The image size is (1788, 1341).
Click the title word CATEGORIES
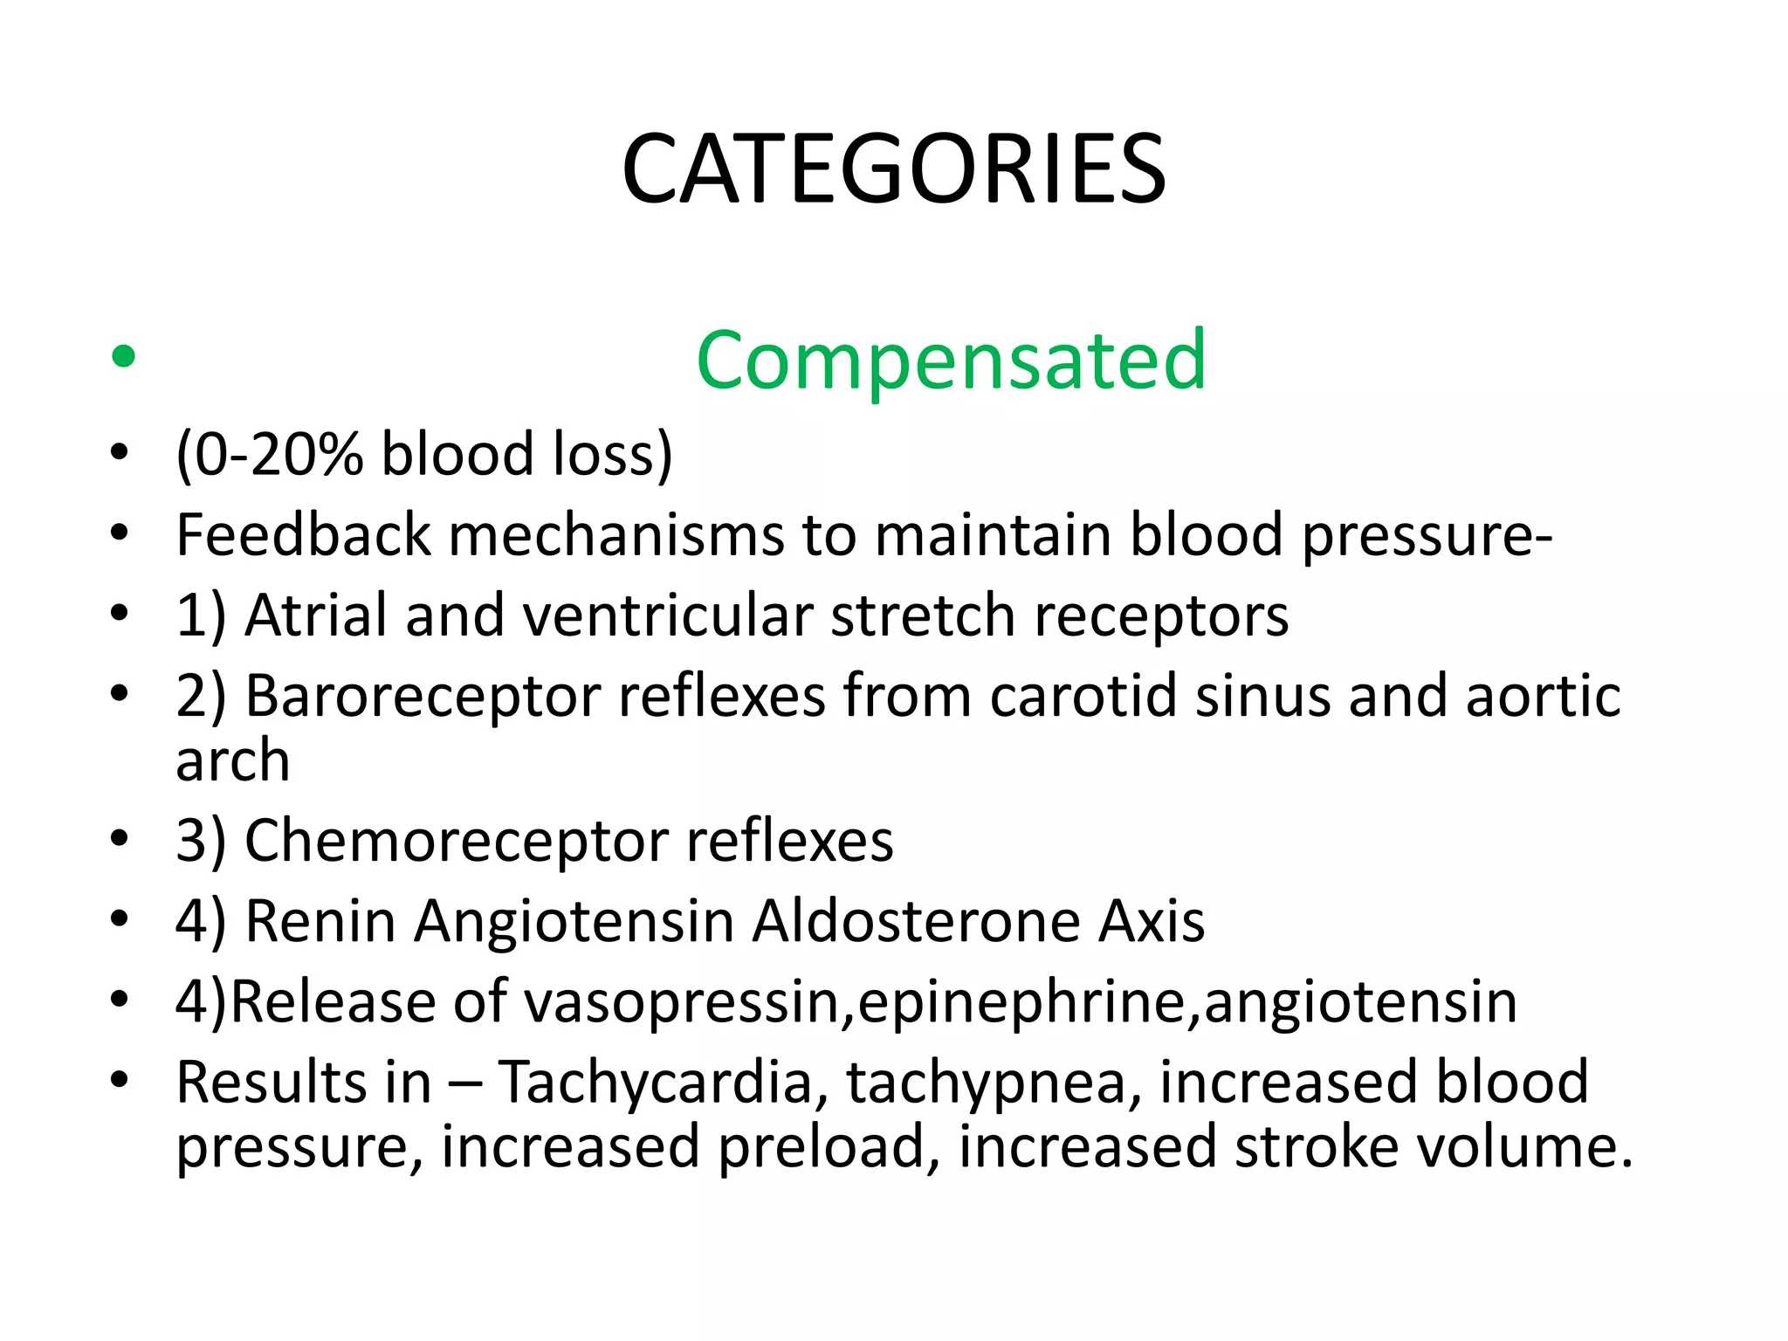click(x=893, y=169)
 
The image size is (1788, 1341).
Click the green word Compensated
click(x=951, y=360)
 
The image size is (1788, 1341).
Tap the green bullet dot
click(x=124, y=356)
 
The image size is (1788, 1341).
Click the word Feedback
click(x=303, y=534)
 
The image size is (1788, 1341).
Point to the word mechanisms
click(x=616, y=534)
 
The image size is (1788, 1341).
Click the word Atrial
click(x=316, y=615)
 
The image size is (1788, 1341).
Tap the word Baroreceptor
click(x=423, y=697)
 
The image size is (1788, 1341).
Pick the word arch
click(x=232, y=760)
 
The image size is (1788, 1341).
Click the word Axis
click(x=1152, y=921)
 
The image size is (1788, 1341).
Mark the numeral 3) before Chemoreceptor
click(x=201, y=841)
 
